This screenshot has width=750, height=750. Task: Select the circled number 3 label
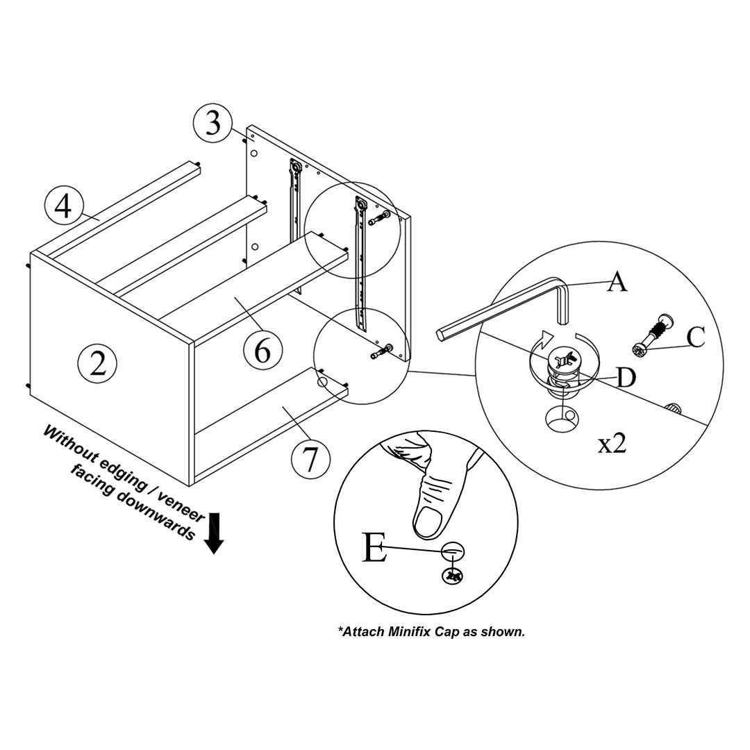point(212,124)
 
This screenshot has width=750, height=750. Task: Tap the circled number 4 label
point(63,207)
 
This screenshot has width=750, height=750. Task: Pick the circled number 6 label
point(262,351)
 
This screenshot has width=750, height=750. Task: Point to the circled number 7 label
point(310,459)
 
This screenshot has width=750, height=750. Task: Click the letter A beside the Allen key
point(617,282)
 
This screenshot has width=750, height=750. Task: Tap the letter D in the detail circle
point(626,378)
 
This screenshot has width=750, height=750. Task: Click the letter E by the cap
point(374,549)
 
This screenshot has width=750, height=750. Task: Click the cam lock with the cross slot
point(564,359)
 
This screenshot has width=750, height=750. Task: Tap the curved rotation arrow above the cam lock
point(549,337)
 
